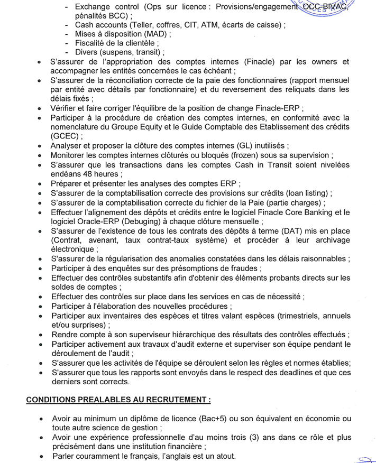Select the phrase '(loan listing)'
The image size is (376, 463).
click(x=304, y=193)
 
